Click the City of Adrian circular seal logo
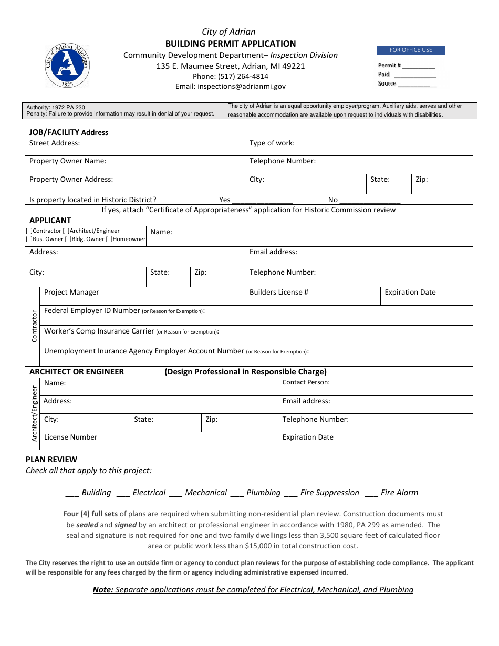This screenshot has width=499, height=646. coord(67,65)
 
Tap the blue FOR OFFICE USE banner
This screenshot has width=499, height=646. coord(411,50)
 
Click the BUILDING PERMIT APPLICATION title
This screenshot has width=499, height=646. coord(231,44)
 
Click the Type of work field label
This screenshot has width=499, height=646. coord(272,143)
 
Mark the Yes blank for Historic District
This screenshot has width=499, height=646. coord(262,200)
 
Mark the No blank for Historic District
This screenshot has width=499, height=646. coord(370,200)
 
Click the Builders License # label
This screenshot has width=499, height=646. coord(278,292)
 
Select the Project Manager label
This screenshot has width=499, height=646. coord(71,292)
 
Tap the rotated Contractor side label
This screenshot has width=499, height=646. coord(35,327)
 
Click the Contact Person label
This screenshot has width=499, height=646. coord(306,382)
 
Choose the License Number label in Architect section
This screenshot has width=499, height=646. coord(70,437)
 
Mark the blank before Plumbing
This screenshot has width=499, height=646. coord(237,493)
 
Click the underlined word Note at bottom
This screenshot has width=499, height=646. coord(102,590)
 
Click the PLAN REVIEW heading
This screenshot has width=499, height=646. coord(51,459)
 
